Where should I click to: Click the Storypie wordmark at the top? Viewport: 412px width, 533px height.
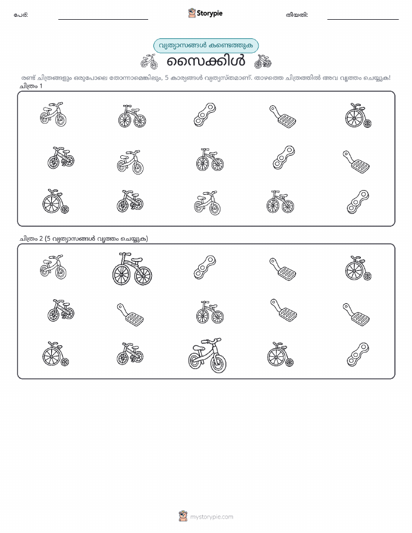point(210,13)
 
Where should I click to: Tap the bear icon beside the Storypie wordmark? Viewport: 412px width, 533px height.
point(192,13)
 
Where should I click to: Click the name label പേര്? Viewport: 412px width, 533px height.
point(21,15)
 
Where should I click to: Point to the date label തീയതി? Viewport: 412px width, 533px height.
point(297,15)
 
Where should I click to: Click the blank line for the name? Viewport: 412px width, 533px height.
point(103,19)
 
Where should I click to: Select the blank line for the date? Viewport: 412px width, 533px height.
point(363,19)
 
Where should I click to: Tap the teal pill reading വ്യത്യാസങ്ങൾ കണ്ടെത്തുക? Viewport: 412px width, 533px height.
point(206,46)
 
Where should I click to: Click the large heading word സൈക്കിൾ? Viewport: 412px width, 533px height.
point(206,62)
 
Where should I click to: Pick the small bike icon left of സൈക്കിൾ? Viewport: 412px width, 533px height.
point(149,62)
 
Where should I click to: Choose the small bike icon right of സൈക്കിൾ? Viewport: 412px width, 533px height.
point(263,62)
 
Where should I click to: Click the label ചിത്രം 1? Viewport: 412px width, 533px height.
point(31,86)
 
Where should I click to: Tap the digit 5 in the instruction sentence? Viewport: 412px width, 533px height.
point(167,78)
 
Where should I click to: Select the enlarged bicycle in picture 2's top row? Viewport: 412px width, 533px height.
point(132,269)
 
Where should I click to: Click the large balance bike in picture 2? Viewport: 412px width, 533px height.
point(207,355)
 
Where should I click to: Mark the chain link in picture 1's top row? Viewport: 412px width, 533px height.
point(205,115)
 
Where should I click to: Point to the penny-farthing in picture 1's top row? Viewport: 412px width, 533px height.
point(358,116)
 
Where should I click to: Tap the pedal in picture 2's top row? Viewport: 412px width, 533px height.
point(282,269)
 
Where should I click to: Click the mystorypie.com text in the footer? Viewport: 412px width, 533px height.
point(212,517)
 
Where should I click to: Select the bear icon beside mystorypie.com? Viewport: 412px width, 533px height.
point(183,516)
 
